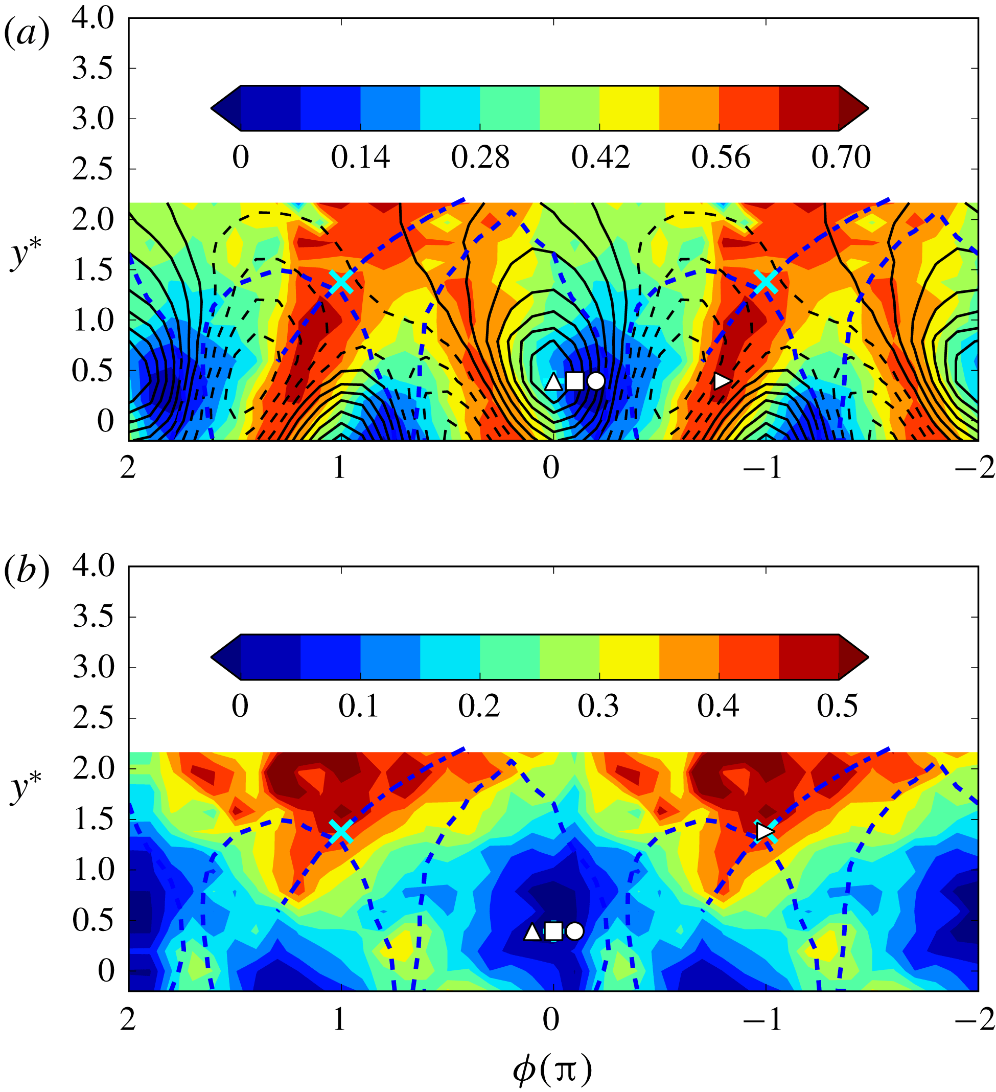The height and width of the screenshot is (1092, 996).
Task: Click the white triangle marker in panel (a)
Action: [x=552, y=382]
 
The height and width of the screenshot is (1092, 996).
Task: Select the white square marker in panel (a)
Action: [x=574, y=381]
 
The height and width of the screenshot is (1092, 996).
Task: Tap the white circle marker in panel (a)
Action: [x=595, y=381]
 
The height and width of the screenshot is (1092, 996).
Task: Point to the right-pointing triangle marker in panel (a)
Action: [x=722, y=381]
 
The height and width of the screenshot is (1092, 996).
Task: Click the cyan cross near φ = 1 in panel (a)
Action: [x=341, y=281]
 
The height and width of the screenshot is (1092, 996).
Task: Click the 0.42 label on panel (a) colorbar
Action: [x=600, y=157]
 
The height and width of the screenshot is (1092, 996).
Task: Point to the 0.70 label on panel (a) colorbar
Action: [x=841, y=157]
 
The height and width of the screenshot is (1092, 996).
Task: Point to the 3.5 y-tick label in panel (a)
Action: [x=93, y=69]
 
